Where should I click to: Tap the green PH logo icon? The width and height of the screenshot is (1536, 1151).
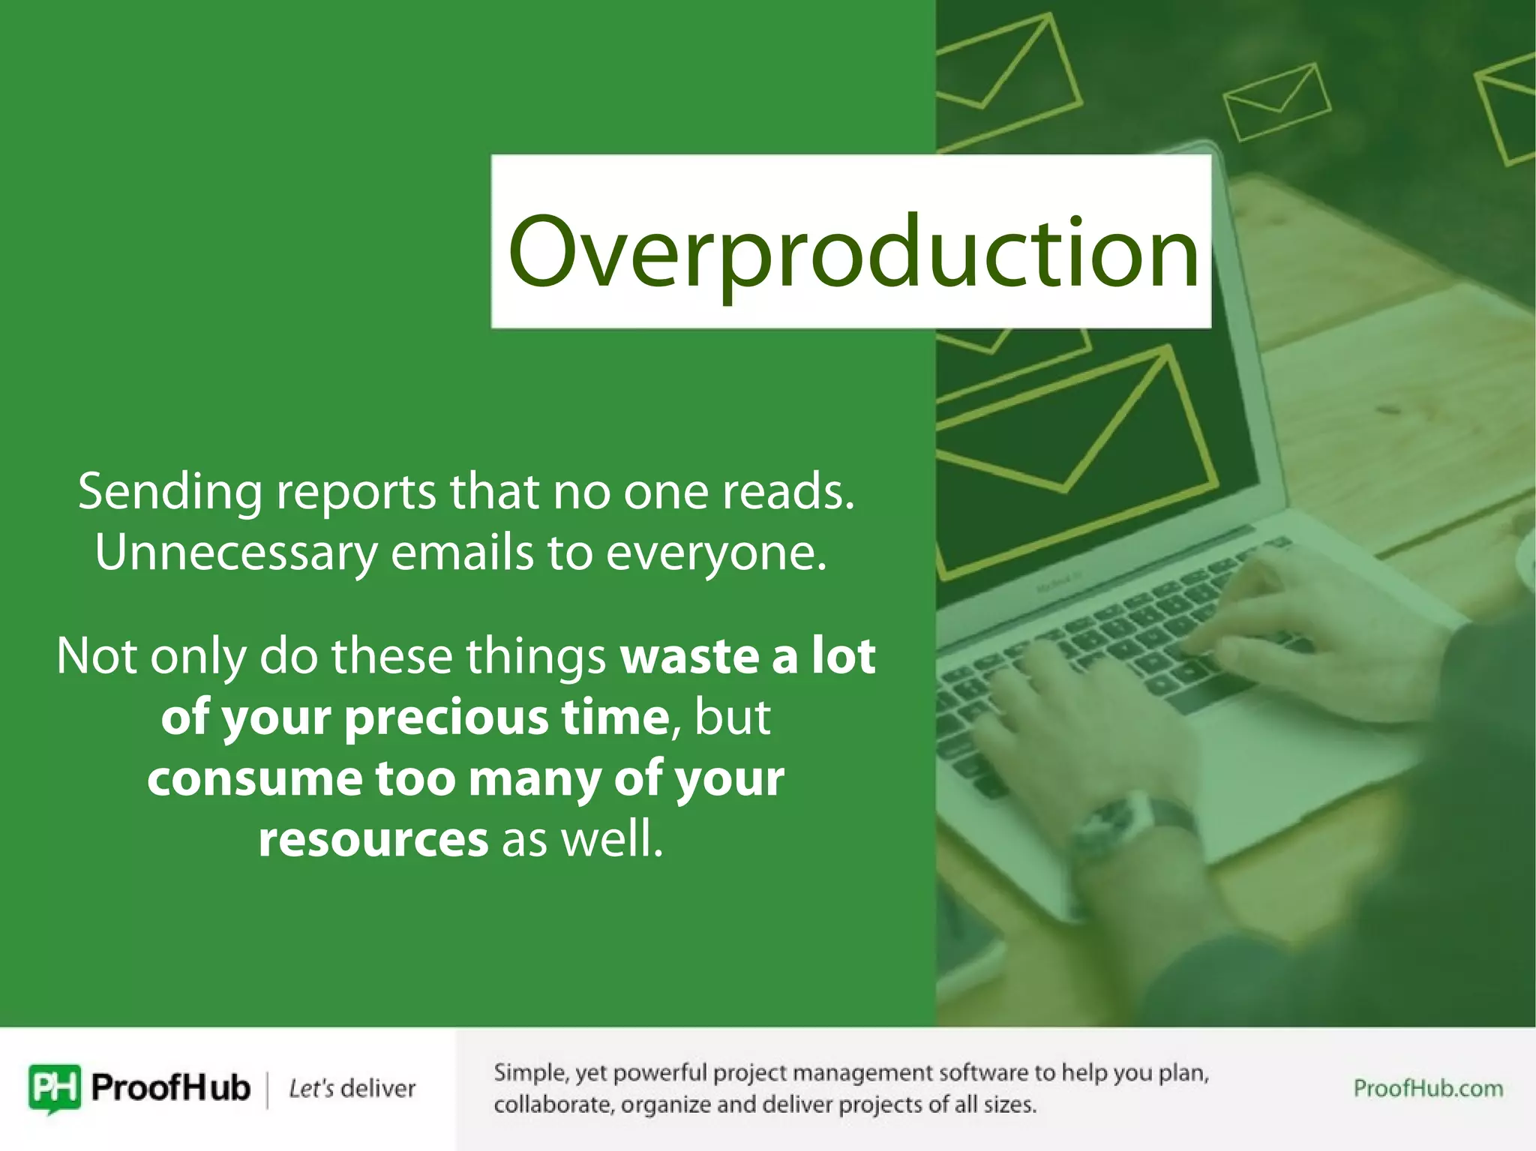[x=55, y=1087]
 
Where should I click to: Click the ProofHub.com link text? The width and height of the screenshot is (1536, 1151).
[x=1427, y=1088]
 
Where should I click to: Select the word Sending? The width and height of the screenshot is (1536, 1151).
[x=169, y=493]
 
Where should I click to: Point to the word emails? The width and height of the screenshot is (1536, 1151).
[x=462, y=553]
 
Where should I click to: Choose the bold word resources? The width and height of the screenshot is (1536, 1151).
[x=373, y=839]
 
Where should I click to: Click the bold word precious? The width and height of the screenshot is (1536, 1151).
[x=445, y=718]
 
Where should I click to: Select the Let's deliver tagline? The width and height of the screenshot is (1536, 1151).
[x=352, y=1088]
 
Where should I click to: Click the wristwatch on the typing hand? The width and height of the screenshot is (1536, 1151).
[x=1125, y=825]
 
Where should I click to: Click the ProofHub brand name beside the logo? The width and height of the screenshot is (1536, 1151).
[x=170, y=1087]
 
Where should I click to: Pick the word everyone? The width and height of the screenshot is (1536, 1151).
[x=716, y=553]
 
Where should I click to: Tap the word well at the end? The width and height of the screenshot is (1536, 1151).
[x=610, y=839]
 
